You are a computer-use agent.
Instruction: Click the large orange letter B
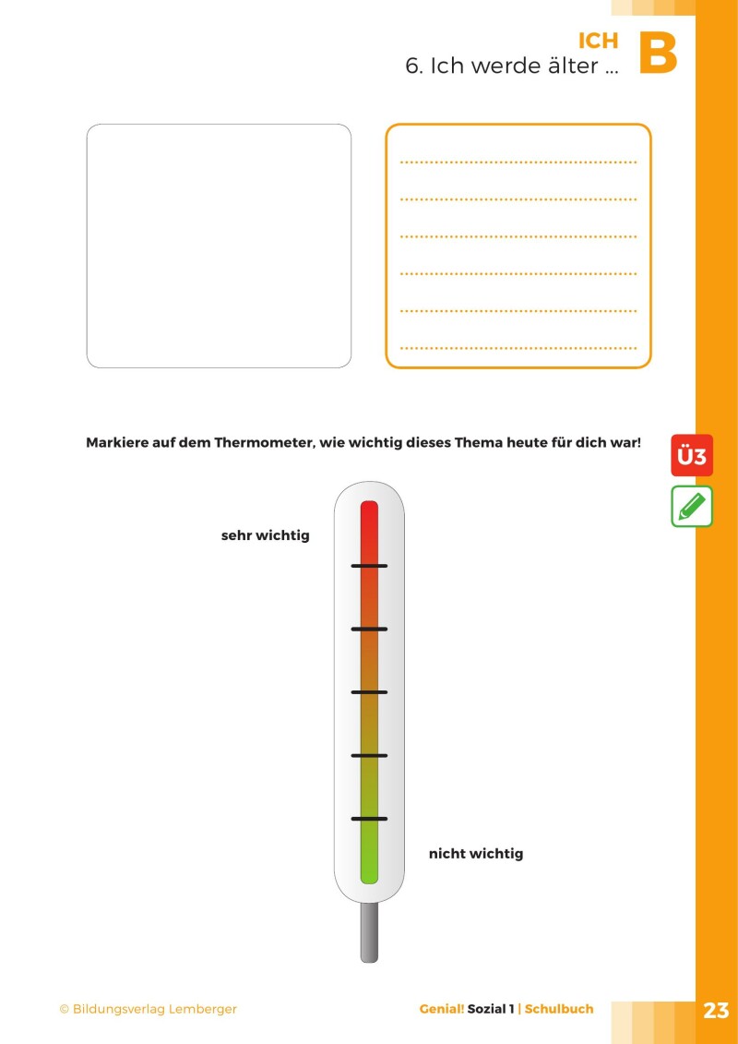click(658, 54)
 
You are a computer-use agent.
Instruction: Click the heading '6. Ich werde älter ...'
click(511, 66)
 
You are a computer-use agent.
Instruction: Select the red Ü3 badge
click(692, 456)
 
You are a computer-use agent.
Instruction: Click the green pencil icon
click(692, 507)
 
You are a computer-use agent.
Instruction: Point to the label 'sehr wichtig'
click(265, 535)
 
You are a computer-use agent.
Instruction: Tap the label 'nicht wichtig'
click(475, 854)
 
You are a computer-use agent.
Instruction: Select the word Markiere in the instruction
click(119, 442)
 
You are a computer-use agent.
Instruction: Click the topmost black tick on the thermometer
click(369, 566)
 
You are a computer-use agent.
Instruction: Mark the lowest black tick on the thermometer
click(369, 819)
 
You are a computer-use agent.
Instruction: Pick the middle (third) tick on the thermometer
click(369, 692)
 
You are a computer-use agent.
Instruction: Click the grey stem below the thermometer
click(369, 932)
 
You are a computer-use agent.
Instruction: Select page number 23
click(716, 1010)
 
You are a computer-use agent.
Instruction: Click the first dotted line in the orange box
click(518, 162)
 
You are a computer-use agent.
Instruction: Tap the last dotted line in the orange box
click(518, 349)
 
